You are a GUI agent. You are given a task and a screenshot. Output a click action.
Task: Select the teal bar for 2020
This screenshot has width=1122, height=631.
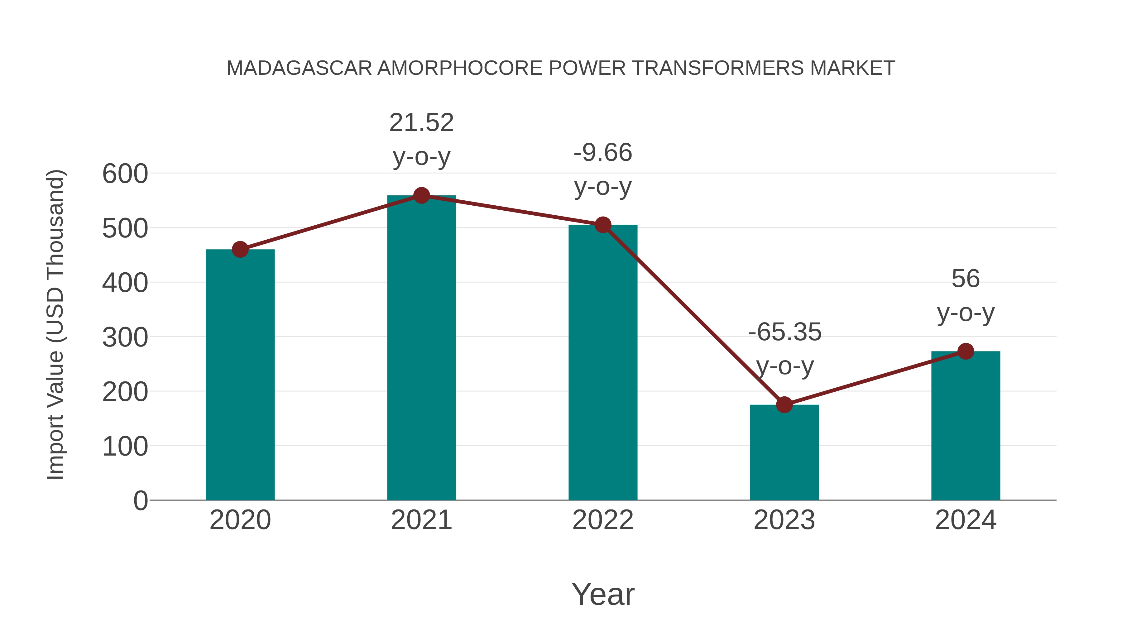click(x=240, y=375)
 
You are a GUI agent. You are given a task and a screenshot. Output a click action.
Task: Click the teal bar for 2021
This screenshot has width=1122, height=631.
click(x=421, y=348)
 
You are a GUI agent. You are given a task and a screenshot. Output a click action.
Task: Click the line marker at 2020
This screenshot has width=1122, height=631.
click(x=240, y=250)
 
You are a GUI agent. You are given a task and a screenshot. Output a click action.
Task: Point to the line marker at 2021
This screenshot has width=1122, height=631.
click(x=421, y=195)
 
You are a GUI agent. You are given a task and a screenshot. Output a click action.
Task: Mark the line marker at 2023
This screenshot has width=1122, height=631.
click(x=784, y=404)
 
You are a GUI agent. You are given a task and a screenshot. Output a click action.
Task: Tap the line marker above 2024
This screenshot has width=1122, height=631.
click(x=966, y=351)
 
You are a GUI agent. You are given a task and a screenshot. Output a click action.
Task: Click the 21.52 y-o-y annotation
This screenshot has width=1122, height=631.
click(x=421, y=139)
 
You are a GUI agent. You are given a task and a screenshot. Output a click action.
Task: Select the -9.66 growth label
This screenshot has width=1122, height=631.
click(x=603, y=170)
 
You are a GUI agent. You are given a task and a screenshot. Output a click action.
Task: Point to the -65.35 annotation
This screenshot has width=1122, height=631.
click(x=784, y=349)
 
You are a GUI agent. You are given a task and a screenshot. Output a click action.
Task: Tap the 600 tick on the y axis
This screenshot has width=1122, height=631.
click(x=125, y=174)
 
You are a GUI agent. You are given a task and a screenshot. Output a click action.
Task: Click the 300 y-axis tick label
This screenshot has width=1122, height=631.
click(x=125, y=337)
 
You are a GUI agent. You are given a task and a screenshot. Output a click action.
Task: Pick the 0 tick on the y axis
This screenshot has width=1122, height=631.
click(x=140, y=500)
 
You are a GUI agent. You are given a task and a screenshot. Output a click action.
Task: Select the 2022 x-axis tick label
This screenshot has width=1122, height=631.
click(x=603, y=520)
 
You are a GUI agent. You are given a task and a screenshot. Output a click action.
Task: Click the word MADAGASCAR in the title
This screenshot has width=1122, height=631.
click(x=299, y=68)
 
